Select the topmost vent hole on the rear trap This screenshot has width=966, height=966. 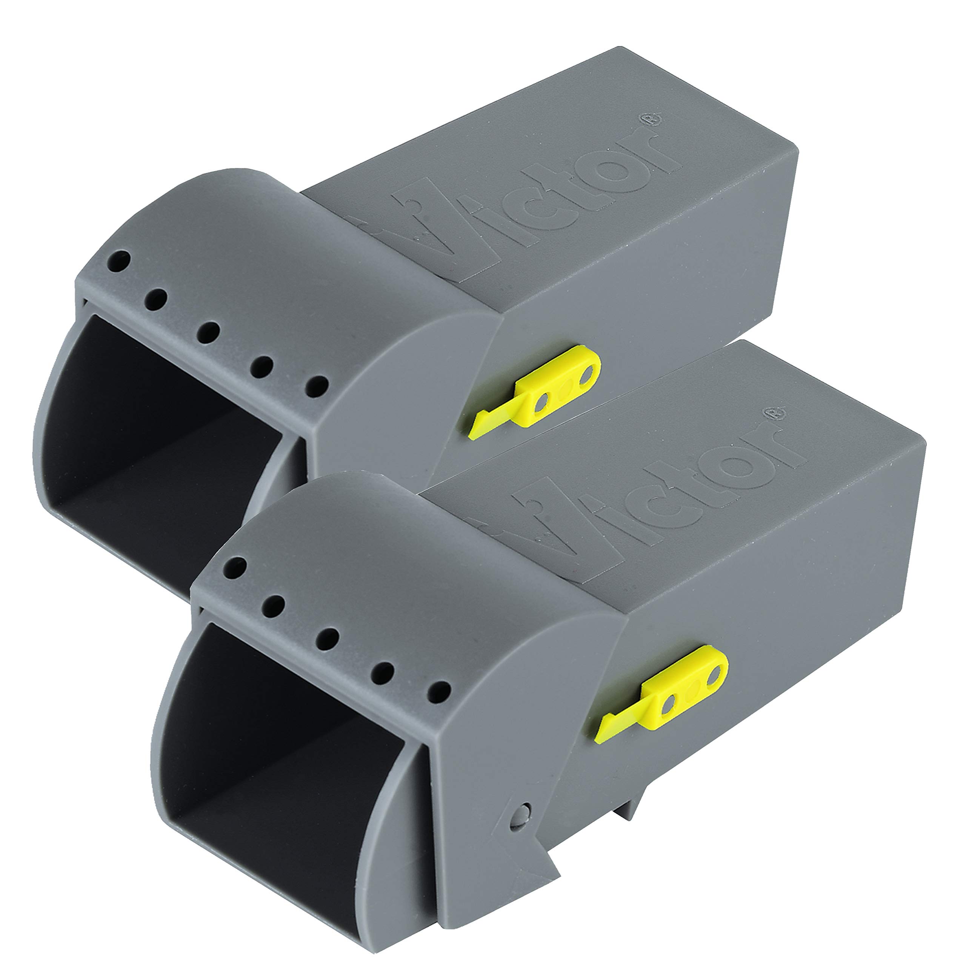tap(120, 261)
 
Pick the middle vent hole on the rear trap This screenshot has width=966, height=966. tap(208, 332)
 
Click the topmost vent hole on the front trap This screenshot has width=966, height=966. tap(235, 569)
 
